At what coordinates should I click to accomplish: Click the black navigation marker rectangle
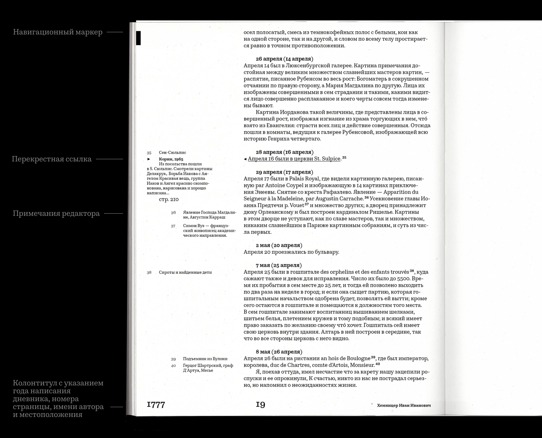click(x=138, y=38)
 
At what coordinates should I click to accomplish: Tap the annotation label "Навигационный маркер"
click(x=58, y=32)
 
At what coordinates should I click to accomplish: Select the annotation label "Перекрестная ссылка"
click(x=52, y=159)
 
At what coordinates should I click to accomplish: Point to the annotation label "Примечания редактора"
click(x=56, y=213)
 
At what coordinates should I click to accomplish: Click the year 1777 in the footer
click(x=156, y=405)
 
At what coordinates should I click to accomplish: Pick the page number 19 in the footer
click(x=260, y=405)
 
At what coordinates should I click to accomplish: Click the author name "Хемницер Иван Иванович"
click(x=404, y=405)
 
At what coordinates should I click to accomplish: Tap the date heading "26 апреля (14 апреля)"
click(x=284, y=59)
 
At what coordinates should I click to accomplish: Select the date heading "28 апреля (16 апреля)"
click(x=284, y=152)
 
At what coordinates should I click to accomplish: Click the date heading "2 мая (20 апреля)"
click(x=279, y=245)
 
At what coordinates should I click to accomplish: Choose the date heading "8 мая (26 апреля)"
click(x=279, y=352)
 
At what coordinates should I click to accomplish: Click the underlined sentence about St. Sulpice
click(x=294, y=159)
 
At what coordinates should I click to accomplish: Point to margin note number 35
click(x=149, y=153)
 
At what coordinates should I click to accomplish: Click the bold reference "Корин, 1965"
click(x=171, y=159)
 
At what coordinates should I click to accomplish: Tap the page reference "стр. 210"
click(x=169, y=199)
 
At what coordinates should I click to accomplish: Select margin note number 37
click(x=173, y=226)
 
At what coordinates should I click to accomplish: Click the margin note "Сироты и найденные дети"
click(x=185, y=272)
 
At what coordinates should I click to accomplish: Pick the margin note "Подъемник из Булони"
click(x=205, y=359)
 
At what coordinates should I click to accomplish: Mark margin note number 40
click(x=173, y=366)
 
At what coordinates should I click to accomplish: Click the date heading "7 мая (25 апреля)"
click(x=279, y=265)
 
